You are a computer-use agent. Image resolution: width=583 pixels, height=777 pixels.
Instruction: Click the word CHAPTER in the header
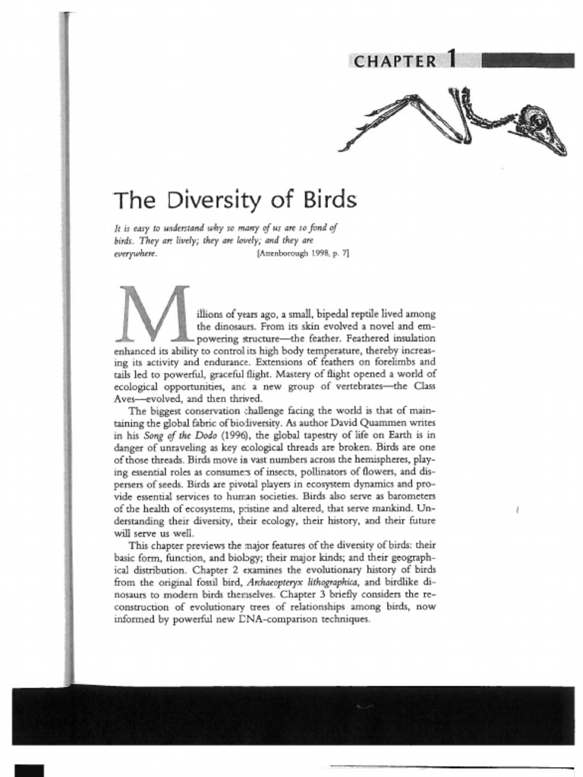(x=395, y=61)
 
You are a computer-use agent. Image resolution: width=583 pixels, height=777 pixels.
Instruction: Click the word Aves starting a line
(x=124, y=398)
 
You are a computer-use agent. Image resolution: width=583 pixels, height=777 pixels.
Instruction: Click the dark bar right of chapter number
(x=528, y=60)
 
